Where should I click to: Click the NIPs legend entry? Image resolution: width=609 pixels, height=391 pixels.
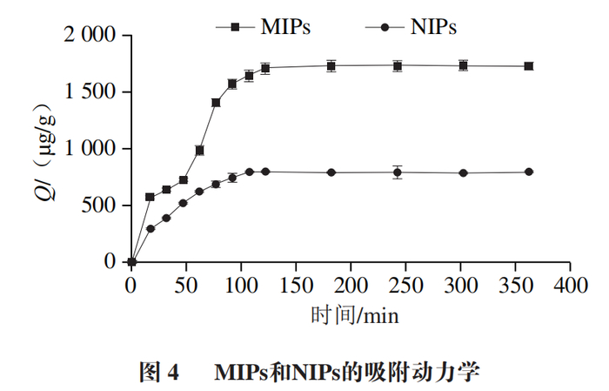pos(409,26)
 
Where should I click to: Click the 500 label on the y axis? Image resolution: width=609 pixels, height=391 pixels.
pos(98,206)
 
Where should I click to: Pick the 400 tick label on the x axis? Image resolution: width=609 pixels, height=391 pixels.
pos(570,284)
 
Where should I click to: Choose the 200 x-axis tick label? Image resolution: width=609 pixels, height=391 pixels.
pos(351,284)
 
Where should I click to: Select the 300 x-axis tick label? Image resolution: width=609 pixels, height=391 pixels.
pos(460,284)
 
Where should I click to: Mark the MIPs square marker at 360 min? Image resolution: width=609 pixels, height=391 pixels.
pos(529,66)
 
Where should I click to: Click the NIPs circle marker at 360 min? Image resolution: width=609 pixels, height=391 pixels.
pos(529,172)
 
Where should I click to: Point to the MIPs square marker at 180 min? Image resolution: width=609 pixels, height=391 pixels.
pos(331,65)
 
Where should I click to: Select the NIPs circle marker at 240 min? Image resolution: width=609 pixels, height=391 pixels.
pos(398,172)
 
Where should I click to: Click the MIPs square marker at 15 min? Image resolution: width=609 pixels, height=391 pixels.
pos(150,197)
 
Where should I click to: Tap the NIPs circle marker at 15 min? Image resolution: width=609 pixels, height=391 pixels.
pos(151,229)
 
